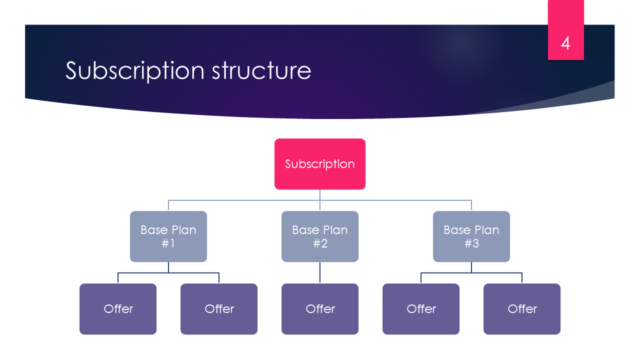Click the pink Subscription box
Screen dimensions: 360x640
(x=320, y=164)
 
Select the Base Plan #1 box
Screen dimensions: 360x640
(x=168, y=236)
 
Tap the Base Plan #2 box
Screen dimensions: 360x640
(x=320, y=236)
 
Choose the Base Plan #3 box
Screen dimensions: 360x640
(x=471, y=236)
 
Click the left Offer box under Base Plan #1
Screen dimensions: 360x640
(x=118, y=309)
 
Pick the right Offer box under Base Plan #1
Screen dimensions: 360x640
(x=219, y=309)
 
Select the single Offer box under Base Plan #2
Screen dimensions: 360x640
(x=320, y=309)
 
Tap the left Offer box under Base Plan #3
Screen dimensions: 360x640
(x=421, y=309)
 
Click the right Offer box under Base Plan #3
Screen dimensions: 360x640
(x=522, y=309)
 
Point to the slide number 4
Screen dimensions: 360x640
(x=565, y=43)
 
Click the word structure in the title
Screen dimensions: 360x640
(x=261, y=70)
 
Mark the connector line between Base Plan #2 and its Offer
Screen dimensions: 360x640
(x=320, y=272)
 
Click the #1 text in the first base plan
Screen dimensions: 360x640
(x=168, y=243)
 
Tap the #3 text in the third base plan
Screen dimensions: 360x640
(x=471, y=243)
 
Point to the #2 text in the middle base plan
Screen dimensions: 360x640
(x=320, y=243)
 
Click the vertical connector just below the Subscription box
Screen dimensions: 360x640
(x=320, y=195)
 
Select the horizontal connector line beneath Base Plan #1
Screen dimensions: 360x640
(x=145, y=273)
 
